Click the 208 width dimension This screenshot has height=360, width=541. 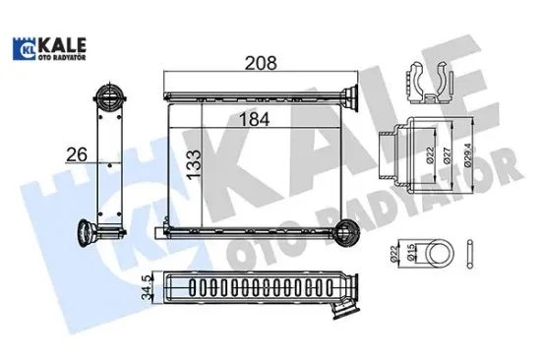(261, 63)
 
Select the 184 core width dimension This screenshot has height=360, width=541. (254, 119)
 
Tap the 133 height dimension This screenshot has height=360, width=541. (194, 164)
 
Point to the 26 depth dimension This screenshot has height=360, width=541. (77, 154)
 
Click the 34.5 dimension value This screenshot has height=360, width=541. (148, 287)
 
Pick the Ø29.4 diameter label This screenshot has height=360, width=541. (468, 155)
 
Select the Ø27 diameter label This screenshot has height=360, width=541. (448, 155)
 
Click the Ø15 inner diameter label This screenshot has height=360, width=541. (410, 253)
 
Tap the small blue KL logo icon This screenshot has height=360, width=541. (25, 48)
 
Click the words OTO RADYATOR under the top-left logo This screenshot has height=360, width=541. (62, 57)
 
